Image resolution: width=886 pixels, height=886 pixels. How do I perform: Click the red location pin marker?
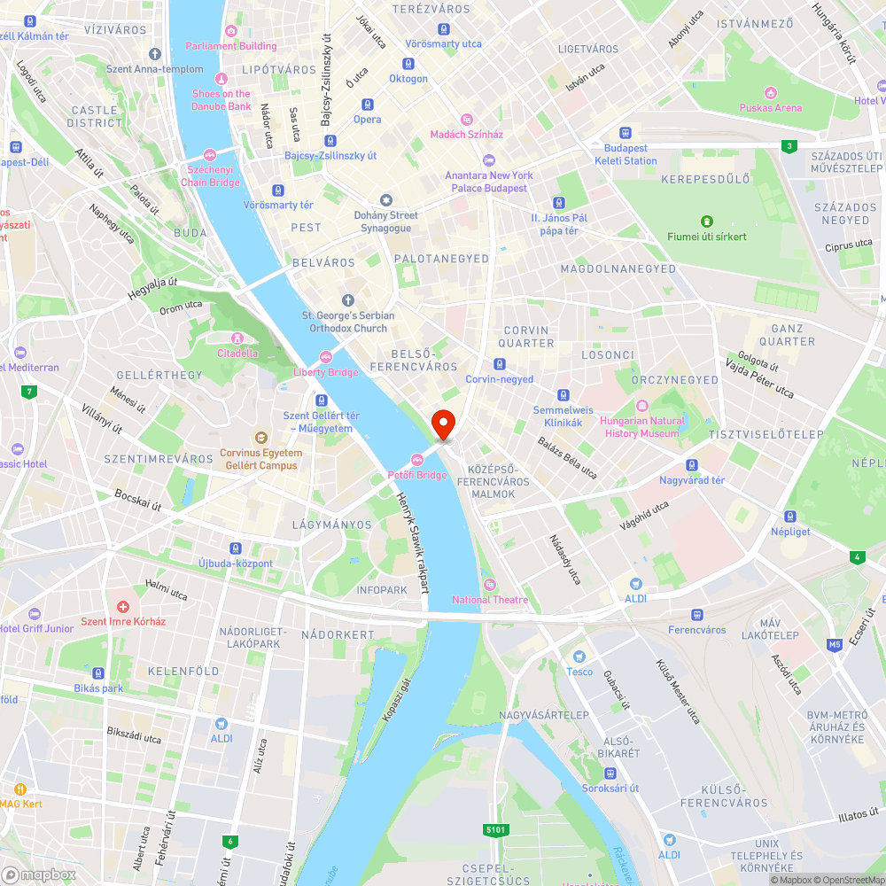[x=442, y=424]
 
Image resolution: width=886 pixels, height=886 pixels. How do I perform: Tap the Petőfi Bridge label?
[x=418, y=475]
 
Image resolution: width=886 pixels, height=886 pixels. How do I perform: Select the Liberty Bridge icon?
[x=326, y=356]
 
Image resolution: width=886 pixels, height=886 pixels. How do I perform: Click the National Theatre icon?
[x=490, y=584]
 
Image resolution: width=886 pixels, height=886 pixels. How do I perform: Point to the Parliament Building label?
[x=231, y=46]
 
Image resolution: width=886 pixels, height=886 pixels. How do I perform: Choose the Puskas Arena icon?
[x=771, y=92]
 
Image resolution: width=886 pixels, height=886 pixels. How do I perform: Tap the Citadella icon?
[x=237, y=338]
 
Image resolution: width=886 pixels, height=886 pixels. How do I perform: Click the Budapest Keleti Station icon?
[x=626, y=132]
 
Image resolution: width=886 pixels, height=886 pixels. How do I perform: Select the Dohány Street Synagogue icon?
[x=385, y=200]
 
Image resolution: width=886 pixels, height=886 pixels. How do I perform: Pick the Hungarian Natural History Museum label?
[x=642, y=427]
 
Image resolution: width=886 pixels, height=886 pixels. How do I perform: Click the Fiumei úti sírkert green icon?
[x=707, y=221]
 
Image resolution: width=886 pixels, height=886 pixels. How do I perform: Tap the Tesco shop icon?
[x=579, y=657]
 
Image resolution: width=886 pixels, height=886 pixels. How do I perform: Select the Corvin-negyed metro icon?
[x=500, y=363]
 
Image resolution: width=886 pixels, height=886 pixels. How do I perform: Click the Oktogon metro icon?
[x=408, y=63]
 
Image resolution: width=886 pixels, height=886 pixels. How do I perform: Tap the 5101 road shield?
[x=496, y=829]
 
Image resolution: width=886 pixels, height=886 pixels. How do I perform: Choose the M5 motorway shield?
[x=835, y=644]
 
